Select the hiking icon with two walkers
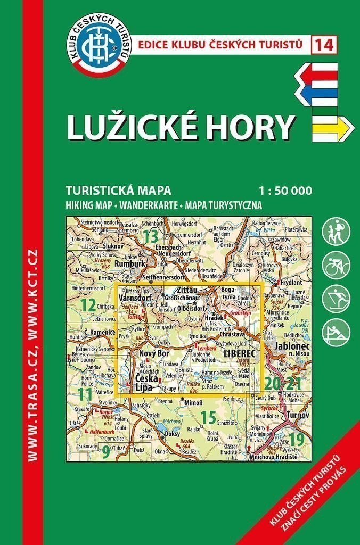coord(336,231)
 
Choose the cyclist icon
coord(336,264)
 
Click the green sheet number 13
coord(151,235)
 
